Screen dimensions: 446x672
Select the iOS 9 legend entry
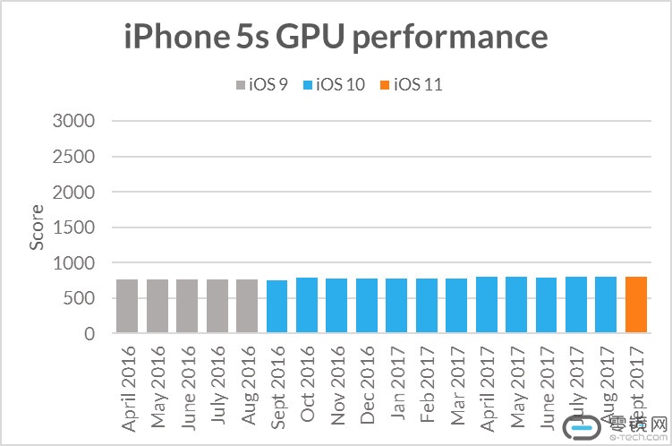point(261,85)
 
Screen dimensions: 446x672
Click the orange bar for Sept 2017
point(636,305)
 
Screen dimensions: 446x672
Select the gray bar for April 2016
point(127,306)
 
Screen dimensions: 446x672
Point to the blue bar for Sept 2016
point(276,307)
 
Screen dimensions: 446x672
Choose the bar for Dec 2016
point(367,306)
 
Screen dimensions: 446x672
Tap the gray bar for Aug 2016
point(247,306)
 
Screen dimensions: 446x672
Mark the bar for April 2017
point(487,305)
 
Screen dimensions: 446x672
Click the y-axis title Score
point(37,227)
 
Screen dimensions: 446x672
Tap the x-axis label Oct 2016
point(307,381)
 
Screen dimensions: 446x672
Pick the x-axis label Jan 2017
point(396,381)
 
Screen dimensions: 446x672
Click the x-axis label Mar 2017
point(456,381)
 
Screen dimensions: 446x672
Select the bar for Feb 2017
point(427,306)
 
